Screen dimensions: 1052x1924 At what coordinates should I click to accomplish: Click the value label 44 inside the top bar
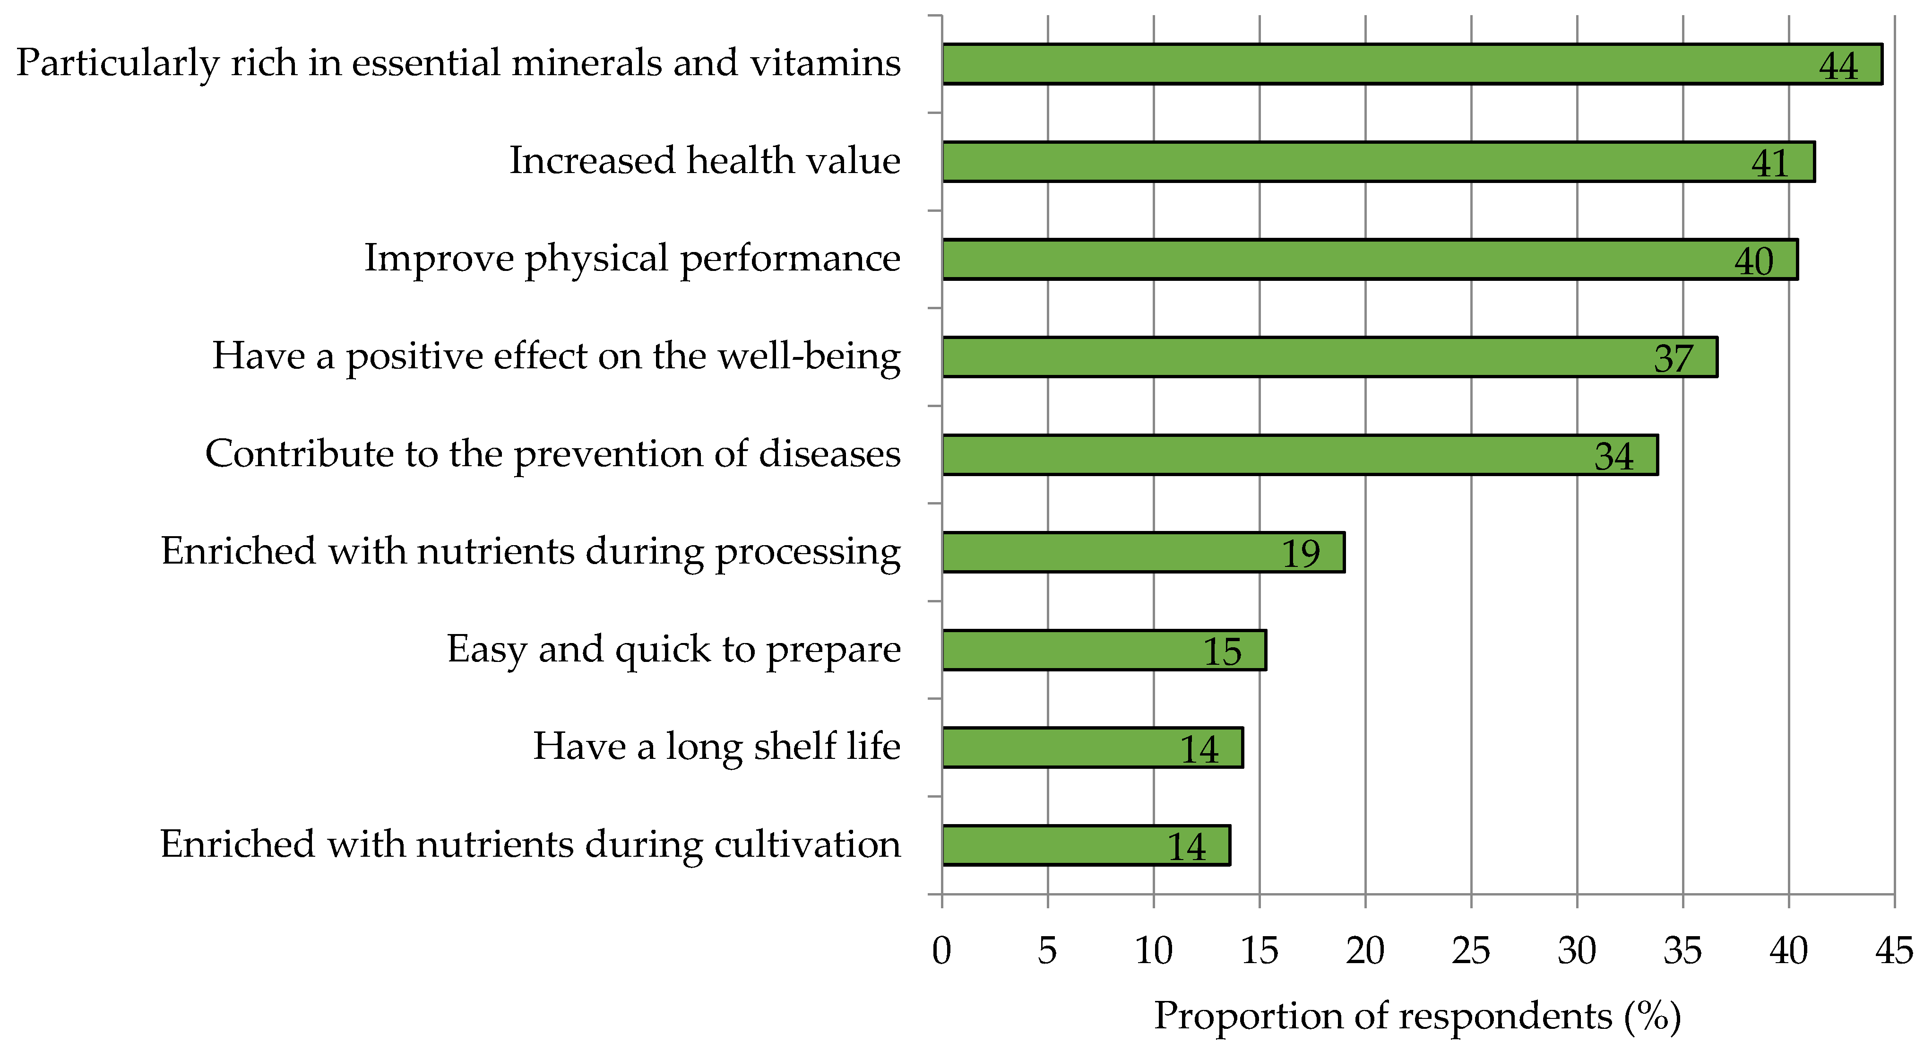coord(1838,66)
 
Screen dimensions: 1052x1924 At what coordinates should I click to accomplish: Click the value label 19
coord(1300,554)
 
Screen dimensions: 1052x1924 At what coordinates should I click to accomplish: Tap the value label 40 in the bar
coord(1754,261)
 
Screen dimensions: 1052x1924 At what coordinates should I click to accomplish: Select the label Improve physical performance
coord(632,259)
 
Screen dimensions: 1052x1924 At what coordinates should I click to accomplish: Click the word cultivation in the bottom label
coord(807,844)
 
